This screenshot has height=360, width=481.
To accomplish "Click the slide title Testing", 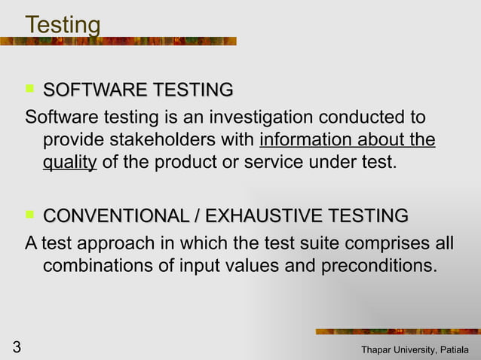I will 63,25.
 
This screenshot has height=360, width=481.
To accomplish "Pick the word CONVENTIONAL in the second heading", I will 115,217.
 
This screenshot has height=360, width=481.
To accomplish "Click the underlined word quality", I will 69,162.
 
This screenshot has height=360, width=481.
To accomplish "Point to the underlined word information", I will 308,140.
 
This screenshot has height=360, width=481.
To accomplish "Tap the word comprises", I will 384,245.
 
